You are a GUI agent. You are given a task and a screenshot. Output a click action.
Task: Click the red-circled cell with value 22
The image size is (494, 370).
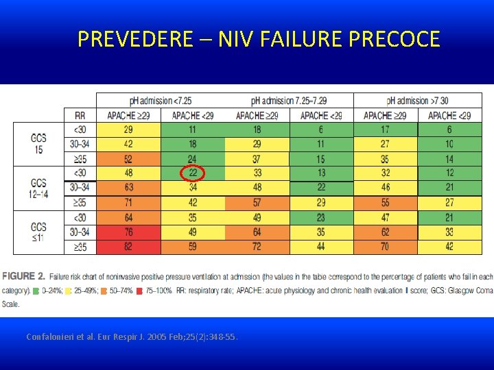coord(192,173)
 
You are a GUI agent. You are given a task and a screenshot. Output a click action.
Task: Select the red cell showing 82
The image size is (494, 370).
coord(128,247)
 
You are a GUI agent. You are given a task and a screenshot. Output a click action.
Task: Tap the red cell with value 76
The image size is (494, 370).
coord(128,232)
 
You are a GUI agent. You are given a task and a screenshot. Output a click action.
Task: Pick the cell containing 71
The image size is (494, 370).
coord(128,203)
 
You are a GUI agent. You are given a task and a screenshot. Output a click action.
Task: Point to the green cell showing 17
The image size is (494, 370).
coord(385,129)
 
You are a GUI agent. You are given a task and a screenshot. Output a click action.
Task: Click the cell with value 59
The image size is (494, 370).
coord(192,247)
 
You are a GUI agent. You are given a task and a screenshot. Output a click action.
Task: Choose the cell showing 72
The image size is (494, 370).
coord(257,247)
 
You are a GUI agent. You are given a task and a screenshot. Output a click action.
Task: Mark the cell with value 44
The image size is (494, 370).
coord(321,247)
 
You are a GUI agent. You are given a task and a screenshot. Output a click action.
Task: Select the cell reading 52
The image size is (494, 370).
coord(128,159)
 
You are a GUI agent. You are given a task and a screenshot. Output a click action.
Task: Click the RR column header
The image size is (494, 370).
coord(80,115)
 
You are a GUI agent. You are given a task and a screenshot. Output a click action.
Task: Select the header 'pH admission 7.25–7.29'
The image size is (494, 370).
coord(289,101)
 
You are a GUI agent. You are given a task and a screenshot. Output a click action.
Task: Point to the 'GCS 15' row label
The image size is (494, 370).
coord(39,143)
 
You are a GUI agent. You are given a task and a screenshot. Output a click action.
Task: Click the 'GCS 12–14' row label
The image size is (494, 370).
coord(39,187)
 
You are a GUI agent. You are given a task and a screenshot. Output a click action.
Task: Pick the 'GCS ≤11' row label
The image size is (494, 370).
coord(39,232)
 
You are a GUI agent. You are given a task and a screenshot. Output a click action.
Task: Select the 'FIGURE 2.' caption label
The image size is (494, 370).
coord(23,276)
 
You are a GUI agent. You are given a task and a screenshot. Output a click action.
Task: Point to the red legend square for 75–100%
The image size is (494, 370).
coord(140,291)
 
